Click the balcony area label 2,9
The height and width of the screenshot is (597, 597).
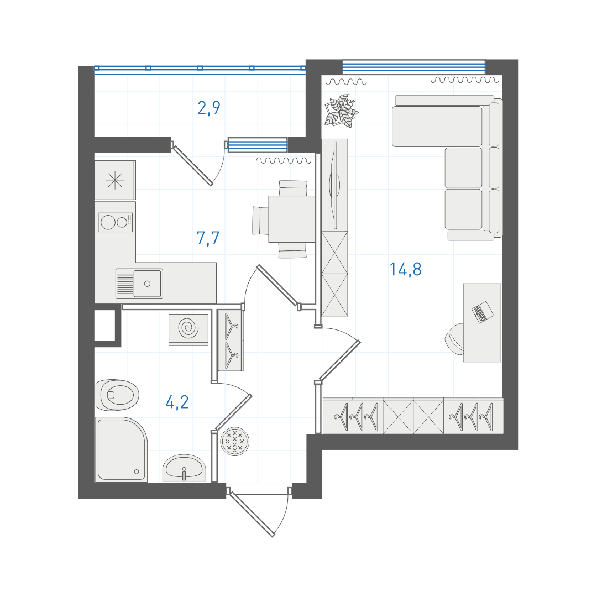(209, 108)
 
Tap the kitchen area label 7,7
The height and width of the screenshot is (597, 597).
(208, 238)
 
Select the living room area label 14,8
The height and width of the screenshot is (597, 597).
(406, 269)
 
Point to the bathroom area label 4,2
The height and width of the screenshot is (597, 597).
(177, 402)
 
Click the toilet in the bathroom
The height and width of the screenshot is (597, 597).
(117, 395)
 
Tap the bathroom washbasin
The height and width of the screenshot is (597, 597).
(184, 468)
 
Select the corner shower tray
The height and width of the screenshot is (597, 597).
(121, 449)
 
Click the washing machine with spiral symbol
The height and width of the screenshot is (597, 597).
(188, 329)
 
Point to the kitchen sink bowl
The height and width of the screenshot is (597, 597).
(148, 283)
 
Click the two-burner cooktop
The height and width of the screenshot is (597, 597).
(116, 222)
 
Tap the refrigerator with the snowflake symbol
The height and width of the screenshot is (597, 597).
(115, 180)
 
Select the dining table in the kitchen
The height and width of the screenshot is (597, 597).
(292, 219)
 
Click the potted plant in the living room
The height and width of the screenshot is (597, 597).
(341, 111)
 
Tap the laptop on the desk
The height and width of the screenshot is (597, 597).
(483, 312)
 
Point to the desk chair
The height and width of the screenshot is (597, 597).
(455, 338)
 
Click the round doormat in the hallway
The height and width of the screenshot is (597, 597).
(235, 441)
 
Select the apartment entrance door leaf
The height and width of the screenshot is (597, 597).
(252, 514)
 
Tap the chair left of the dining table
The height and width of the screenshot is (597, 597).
(261, 221)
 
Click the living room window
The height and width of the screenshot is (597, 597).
(414, 67)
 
